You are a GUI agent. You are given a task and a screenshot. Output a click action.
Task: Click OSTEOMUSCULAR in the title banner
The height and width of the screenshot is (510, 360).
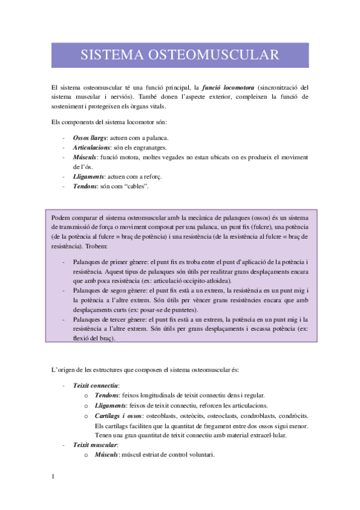pyautogui.click(x=219, y=55)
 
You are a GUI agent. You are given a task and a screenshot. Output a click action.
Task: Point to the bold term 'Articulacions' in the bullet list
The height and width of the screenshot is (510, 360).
pyautogui.click(x=91, y=148)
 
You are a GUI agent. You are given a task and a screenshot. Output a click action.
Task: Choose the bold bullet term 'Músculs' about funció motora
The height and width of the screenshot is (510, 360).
pyautogui.click(x=85, y=158)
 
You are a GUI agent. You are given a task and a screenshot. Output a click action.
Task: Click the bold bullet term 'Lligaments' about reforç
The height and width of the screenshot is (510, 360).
pyautogui.click(x=88, y=177)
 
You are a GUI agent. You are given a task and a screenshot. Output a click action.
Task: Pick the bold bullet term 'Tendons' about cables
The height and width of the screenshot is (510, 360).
pyautogui.click(x=85, y=186)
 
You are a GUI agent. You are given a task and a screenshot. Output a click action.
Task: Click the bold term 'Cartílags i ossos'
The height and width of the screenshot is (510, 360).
pyautogui.click(x=118, y=415)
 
